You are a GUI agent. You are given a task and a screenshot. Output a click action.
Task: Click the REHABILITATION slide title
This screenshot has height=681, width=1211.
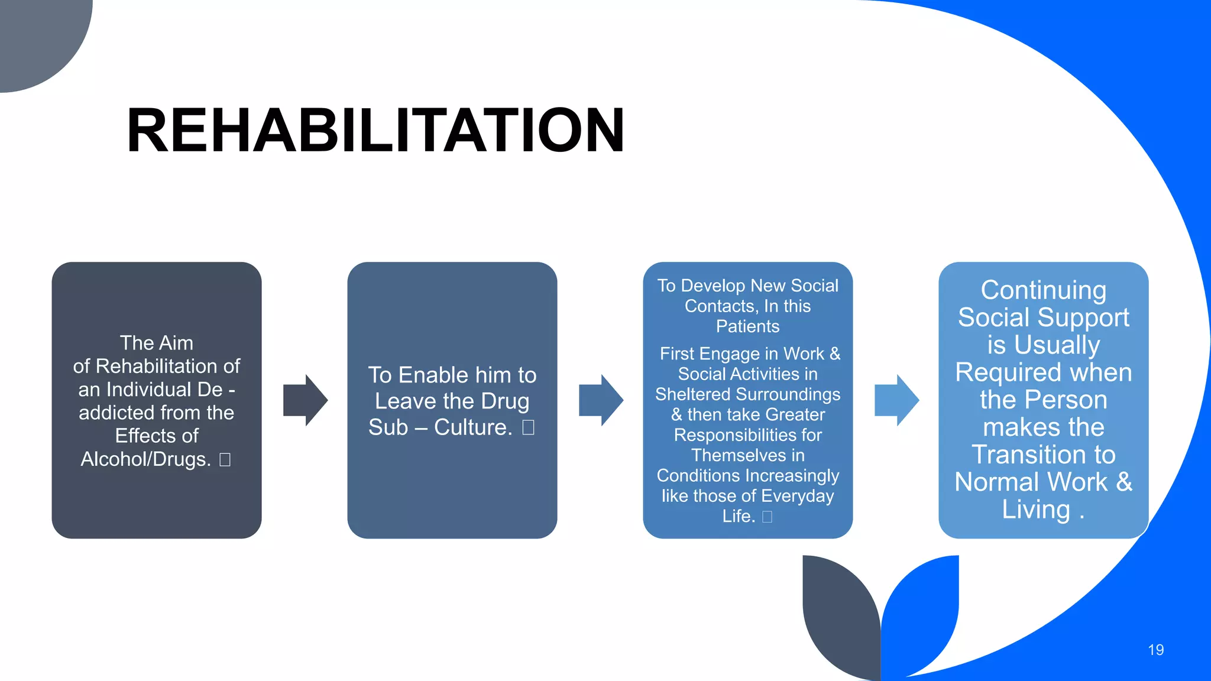(375, 131)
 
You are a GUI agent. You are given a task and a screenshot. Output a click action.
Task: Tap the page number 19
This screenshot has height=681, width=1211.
(1155, 650)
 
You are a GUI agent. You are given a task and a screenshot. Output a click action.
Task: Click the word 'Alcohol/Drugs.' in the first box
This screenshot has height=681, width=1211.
(145, 459)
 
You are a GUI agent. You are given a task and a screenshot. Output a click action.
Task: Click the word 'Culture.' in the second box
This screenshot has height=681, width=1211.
(473, 427)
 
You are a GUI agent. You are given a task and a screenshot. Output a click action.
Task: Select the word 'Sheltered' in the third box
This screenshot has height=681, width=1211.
(692, 394)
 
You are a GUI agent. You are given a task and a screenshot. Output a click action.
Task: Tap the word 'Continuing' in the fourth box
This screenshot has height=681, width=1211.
(1043, 290)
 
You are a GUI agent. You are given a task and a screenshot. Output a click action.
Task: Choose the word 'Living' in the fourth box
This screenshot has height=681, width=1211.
(1036, 510)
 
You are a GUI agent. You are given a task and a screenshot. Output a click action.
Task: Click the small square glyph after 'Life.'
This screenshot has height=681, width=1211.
(767, 517)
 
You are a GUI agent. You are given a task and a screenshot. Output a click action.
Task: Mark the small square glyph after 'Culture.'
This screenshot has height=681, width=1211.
(528, 427)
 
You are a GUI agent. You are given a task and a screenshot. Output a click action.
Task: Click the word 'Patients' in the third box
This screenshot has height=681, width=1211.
(747, 326)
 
